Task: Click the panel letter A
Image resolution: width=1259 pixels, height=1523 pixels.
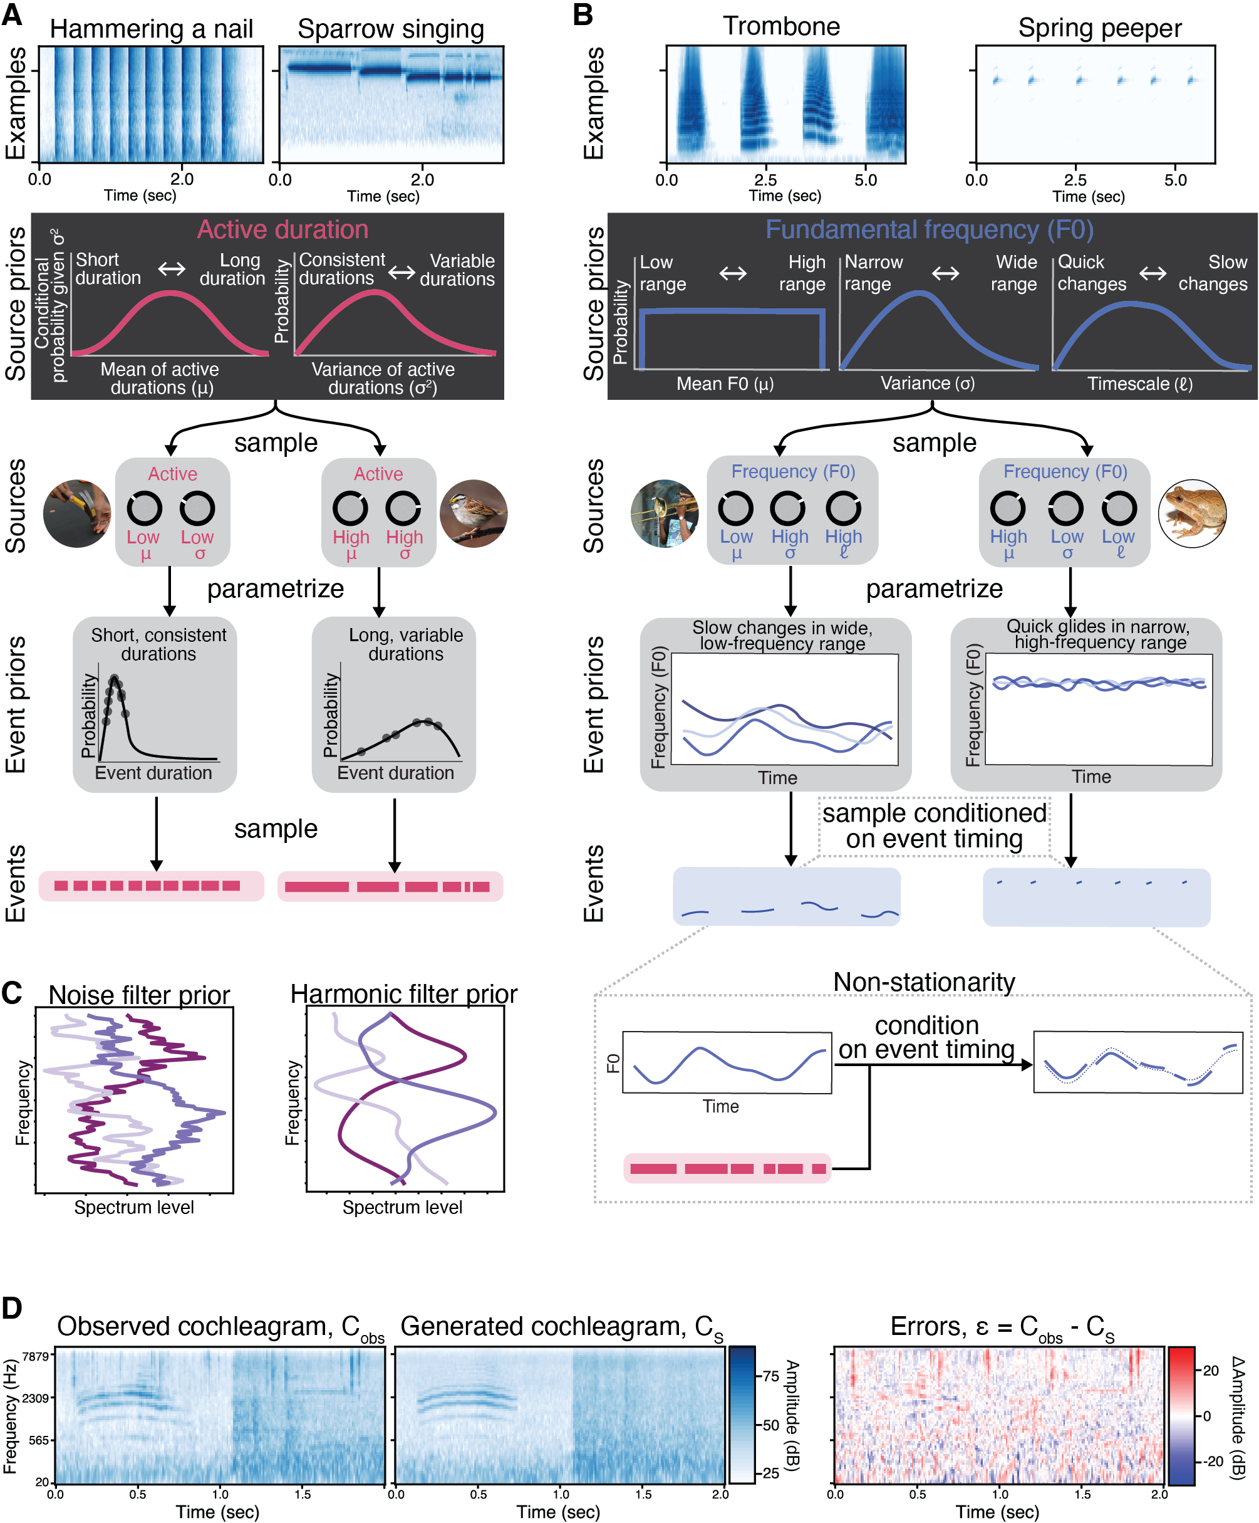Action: coord(12,14)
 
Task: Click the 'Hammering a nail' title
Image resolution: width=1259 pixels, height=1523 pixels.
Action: coord(151,29)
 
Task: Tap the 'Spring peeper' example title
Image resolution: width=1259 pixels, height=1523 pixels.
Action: coord(1099,28)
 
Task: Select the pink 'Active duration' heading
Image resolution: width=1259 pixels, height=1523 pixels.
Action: coord(282,229)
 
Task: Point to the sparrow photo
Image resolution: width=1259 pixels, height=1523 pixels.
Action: coord(474,513)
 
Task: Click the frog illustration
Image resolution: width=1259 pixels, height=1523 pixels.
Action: coord(1193,513)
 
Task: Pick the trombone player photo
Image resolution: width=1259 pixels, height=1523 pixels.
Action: coord(664,513)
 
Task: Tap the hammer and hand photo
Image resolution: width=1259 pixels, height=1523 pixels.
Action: coord(77,513)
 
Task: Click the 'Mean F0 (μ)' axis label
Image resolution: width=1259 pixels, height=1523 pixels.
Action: coord(725,384)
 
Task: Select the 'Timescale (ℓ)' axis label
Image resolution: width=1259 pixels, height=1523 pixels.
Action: coord(1139,384)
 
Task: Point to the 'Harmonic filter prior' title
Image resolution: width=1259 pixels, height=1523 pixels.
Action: coord(404,993)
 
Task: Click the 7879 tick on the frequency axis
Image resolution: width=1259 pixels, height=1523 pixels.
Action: coord(36,1356)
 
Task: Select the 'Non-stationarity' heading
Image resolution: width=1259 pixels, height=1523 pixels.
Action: coord(924,982)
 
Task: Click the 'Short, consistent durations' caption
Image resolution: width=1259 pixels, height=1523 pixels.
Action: coord(158,644)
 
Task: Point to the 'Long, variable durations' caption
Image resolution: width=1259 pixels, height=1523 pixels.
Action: coord(405,644)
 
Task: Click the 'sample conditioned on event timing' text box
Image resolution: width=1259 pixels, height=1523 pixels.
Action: coord(935,826)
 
